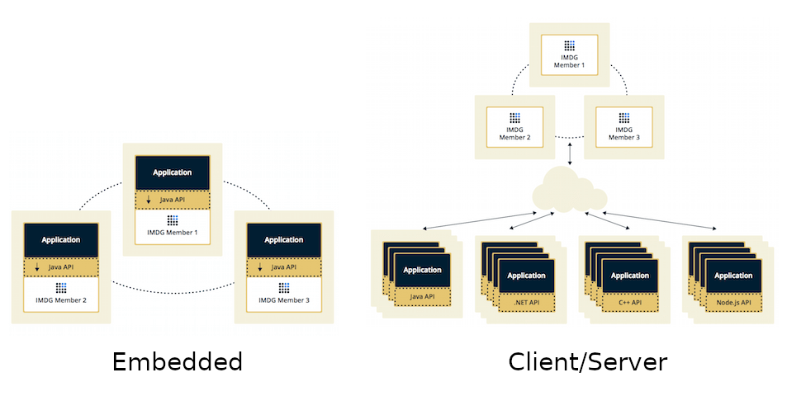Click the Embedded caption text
(177, 362)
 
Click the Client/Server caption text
(587, 362)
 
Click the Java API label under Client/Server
(423, 295)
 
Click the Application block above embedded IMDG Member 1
(172, 172)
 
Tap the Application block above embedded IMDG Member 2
(61, 239)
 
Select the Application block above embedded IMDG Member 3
(283, 239)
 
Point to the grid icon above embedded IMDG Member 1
(173, 220)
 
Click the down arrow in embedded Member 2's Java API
(36, 267)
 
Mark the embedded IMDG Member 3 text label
(283, 300)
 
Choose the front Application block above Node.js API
(733, 276)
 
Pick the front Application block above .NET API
(526, 276)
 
